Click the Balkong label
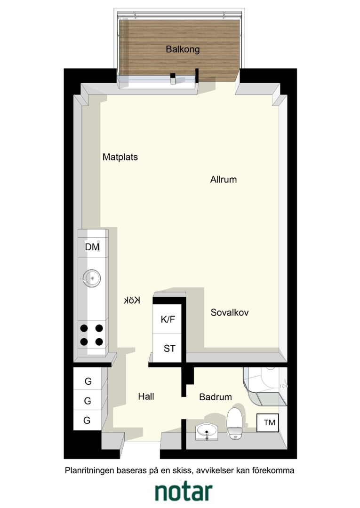[183, 49]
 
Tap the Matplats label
[120, 157]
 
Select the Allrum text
[223, 180]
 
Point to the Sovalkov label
[230, 312]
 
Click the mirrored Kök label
[132, 300]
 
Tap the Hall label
[146, 397]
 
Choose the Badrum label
[216, 397]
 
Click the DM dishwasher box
[93, 247]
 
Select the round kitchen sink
[92, 278]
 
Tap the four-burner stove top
[92, 335]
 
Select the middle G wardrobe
[88, 400]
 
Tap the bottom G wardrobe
[88, 420]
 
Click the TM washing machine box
[268, 423]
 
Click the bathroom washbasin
[207, 431]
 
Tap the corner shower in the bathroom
[265, 386]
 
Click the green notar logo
[184, 492]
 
